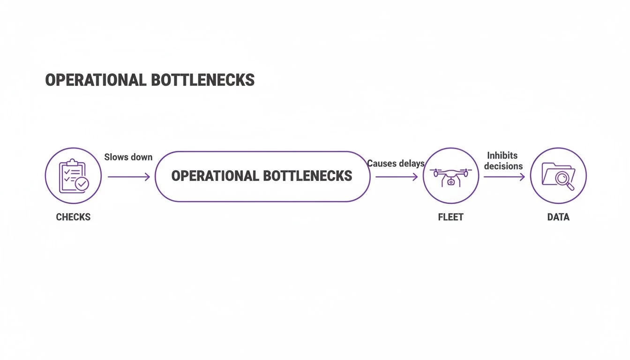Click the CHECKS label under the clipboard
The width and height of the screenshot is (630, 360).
[73, 217]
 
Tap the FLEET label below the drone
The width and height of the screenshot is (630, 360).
[450, 217]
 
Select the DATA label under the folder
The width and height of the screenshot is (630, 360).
[558, 217]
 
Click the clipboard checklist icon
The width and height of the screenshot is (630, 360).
[73, 176]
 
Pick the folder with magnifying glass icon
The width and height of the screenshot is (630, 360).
[558, 176]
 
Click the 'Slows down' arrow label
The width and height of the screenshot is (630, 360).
[128, 157]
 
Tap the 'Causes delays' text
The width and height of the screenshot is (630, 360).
[396, 164]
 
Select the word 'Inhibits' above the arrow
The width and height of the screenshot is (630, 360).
[502, 155]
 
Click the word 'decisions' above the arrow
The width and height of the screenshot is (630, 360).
[503, 166]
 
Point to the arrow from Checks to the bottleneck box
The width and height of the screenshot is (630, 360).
[128, 177]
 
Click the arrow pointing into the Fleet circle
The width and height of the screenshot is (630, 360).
[396, 177]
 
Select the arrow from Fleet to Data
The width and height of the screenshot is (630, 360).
[504, 177]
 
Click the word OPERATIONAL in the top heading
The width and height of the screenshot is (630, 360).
[96, 80]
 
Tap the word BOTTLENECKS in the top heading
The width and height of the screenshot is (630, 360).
[202, 80]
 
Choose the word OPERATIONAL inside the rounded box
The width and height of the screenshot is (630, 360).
[215, 176]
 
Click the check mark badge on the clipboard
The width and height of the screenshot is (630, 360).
[82, 184]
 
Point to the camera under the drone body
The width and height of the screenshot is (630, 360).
[450, 182]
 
